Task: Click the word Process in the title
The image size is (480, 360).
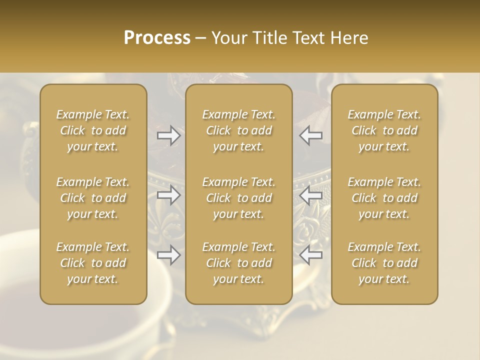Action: (157, 37)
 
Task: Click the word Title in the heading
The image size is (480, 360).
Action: (265, 37)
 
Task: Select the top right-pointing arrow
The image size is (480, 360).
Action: (168, 135)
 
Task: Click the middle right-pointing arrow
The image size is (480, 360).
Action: (168, 195)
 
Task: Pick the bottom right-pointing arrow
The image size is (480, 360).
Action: (168, 255)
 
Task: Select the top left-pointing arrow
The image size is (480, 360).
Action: (311, 135)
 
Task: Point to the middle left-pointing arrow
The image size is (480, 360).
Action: (311, 195)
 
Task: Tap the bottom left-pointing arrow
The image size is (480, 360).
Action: (311, 255)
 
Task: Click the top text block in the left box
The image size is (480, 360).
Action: (93, 130)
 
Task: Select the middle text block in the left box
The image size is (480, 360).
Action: (93, 198)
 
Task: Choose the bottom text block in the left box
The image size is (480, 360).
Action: (93, 263)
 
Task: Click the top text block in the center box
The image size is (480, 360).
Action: (239, 130)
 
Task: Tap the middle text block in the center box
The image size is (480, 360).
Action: (239, 198)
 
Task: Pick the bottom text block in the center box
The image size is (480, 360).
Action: (239, 263)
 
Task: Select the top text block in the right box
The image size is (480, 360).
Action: (384, 130)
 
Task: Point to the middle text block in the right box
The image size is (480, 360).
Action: (384, 198)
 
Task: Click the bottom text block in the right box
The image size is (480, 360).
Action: (384, 263)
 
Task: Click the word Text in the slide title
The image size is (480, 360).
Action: (305, 37)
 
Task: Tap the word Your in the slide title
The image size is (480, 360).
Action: (229, 37)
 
